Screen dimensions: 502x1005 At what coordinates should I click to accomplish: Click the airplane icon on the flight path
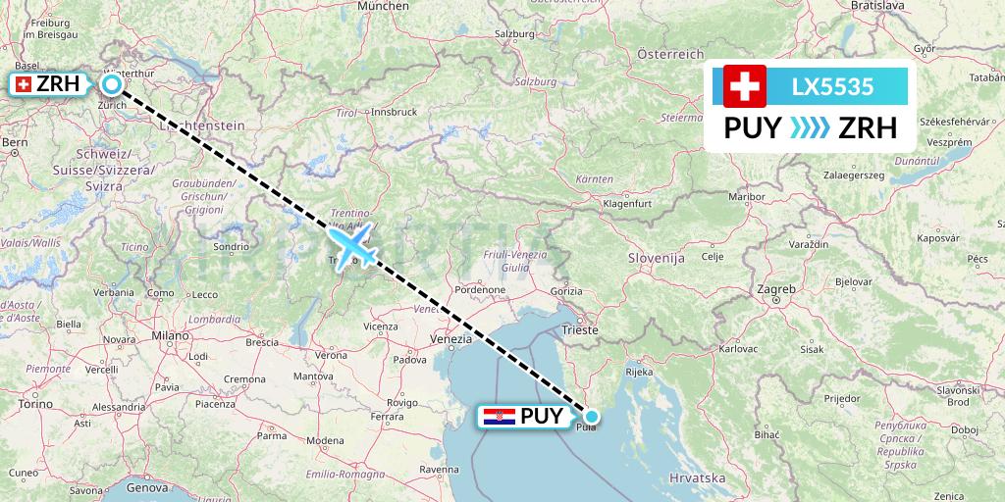pyautogui.click(x=353, y=244)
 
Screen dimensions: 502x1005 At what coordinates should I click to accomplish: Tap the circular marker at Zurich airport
pyautogui.click(x=112, y=84)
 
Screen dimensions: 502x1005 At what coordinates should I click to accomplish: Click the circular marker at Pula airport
pyautogui.click(x=592, y=416)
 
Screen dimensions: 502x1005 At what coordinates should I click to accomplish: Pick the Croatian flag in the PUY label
pyautogui.click(x=500, y=416)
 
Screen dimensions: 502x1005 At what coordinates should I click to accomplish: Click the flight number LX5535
pyautogui.click(x=832, y=86)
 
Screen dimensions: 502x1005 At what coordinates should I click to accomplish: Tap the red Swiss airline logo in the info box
pyautogui.click(x=745, y=86)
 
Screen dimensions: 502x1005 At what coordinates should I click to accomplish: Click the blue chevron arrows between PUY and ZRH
pyautogui.click(x=810, y=128)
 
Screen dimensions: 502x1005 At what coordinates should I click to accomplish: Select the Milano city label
pyautogui.click(x=170, y=335)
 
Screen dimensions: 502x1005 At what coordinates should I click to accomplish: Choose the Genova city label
pyautogui.click(x=148, y=487)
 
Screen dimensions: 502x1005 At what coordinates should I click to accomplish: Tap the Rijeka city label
pyautogui.click(x=639, y=372)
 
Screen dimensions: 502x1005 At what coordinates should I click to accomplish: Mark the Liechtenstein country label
pyautogui.click(x=200, y=125)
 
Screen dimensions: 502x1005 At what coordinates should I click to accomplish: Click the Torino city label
pyautogui.click(x=34, y=403)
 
